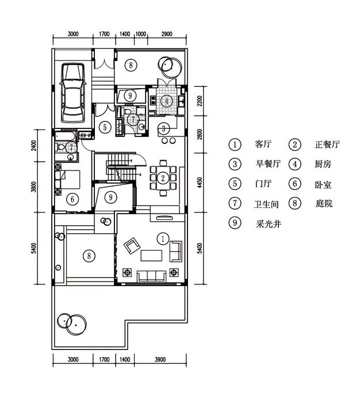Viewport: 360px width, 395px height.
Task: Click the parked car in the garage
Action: [x=72, y=93]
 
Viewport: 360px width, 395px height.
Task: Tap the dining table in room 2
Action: [x=163, y=178]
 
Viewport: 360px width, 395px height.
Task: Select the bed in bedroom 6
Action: [x=67, y=180]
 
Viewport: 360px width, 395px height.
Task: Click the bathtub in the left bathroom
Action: [x=65, y=136]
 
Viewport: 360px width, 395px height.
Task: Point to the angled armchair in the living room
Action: [x=132, y=246]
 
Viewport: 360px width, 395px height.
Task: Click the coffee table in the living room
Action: [x=151, y=256]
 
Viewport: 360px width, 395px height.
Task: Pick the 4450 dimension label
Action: [x=200, y=183]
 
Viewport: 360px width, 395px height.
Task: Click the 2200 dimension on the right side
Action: [x=200, y=101]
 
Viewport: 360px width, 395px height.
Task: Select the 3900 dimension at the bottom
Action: [x=160, y=359]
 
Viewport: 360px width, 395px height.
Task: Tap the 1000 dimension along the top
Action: [x=141, y=34]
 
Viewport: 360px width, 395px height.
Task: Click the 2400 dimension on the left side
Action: [x=34, y=145]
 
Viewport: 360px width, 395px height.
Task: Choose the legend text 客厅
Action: [x=263, y=144]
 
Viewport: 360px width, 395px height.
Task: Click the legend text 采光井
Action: [x=269, y=223]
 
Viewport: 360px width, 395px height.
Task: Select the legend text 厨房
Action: [x=323, y=164]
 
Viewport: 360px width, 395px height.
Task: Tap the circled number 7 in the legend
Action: [x=235, y=203]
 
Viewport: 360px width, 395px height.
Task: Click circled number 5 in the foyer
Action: [x=105, y=127]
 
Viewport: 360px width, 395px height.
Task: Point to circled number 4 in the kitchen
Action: [x=167, y=101]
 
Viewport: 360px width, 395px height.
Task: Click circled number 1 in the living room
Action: [x=163, y=238]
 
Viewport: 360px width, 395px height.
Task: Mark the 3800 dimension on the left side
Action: [x=34, y=187]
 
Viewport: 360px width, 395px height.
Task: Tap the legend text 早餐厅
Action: [x=268, y=164]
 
